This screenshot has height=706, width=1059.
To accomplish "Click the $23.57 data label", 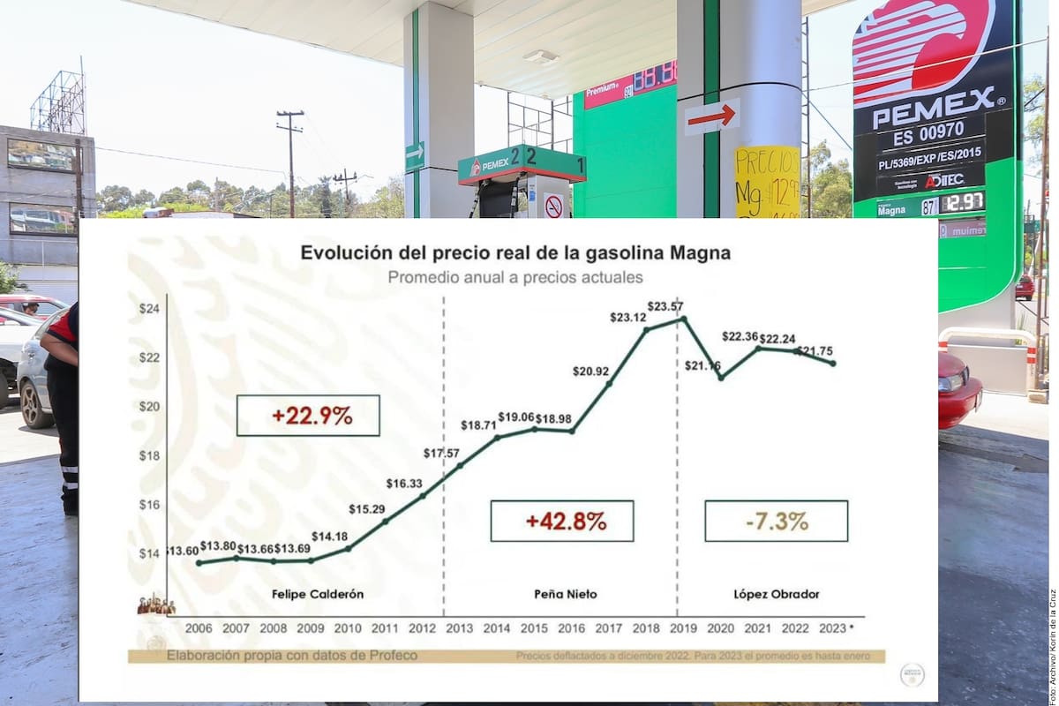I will click(665, 307).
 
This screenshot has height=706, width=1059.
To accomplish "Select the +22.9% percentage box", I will click(308, 416).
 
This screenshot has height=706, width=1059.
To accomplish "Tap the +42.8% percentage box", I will click(562, 521).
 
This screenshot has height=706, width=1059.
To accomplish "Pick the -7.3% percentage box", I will click(776, 521).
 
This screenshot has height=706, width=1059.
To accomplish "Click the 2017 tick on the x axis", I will click(609, 627).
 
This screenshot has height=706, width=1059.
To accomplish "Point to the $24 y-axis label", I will click(148, 309).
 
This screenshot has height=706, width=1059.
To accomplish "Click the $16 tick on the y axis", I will click(148, 505).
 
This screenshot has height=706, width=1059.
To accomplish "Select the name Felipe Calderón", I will click(318, 594).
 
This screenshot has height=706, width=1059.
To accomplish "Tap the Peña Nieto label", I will click(566, 594).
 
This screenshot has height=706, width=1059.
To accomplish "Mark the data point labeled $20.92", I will click(609, 384).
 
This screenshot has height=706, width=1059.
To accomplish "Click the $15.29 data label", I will click(365, 509).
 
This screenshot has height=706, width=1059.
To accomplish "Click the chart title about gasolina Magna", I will click(515, 253).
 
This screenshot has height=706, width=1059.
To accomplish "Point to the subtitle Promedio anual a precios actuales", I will click(515, 277).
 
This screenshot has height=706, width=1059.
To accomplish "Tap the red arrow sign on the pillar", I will click(711, 116).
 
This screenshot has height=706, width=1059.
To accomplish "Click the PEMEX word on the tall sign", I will click(934, 96).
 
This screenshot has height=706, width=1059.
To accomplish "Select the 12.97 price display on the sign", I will click(961, 203).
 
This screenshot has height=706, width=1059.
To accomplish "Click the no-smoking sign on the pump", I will click(553, 207).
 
